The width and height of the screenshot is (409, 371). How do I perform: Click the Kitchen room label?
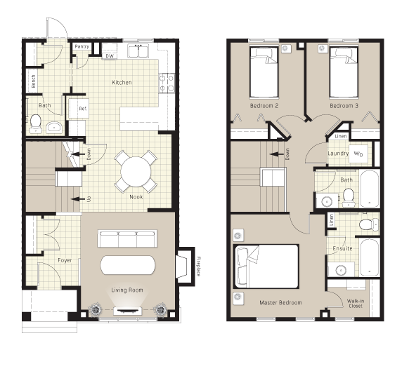tap(122, 83)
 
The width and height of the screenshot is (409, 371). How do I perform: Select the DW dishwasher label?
tap(110, 55)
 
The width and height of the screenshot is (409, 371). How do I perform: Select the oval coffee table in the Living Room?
tap(129, 265)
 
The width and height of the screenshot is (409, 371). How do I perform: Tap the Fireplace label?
tap(198, 265)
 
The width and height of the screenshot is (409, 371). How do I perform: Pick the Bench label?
tap(33, 81)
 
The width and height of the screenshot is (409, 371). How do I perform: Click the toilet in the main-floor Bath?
tap(53, 127)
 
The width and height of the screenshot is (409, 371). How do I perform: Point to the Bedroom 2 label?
tap(264, 106)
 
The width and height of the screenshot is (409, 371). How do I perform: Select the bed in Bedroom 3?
tap(344, 73)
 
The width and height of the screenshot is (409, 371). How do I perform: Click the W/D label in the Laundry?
tap(358, 154)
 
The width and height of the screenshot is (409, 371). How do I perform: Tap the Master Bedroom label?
tap(280, 303)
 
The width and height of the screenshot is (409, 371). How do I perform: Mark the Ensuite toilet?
tap(365, 225)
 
